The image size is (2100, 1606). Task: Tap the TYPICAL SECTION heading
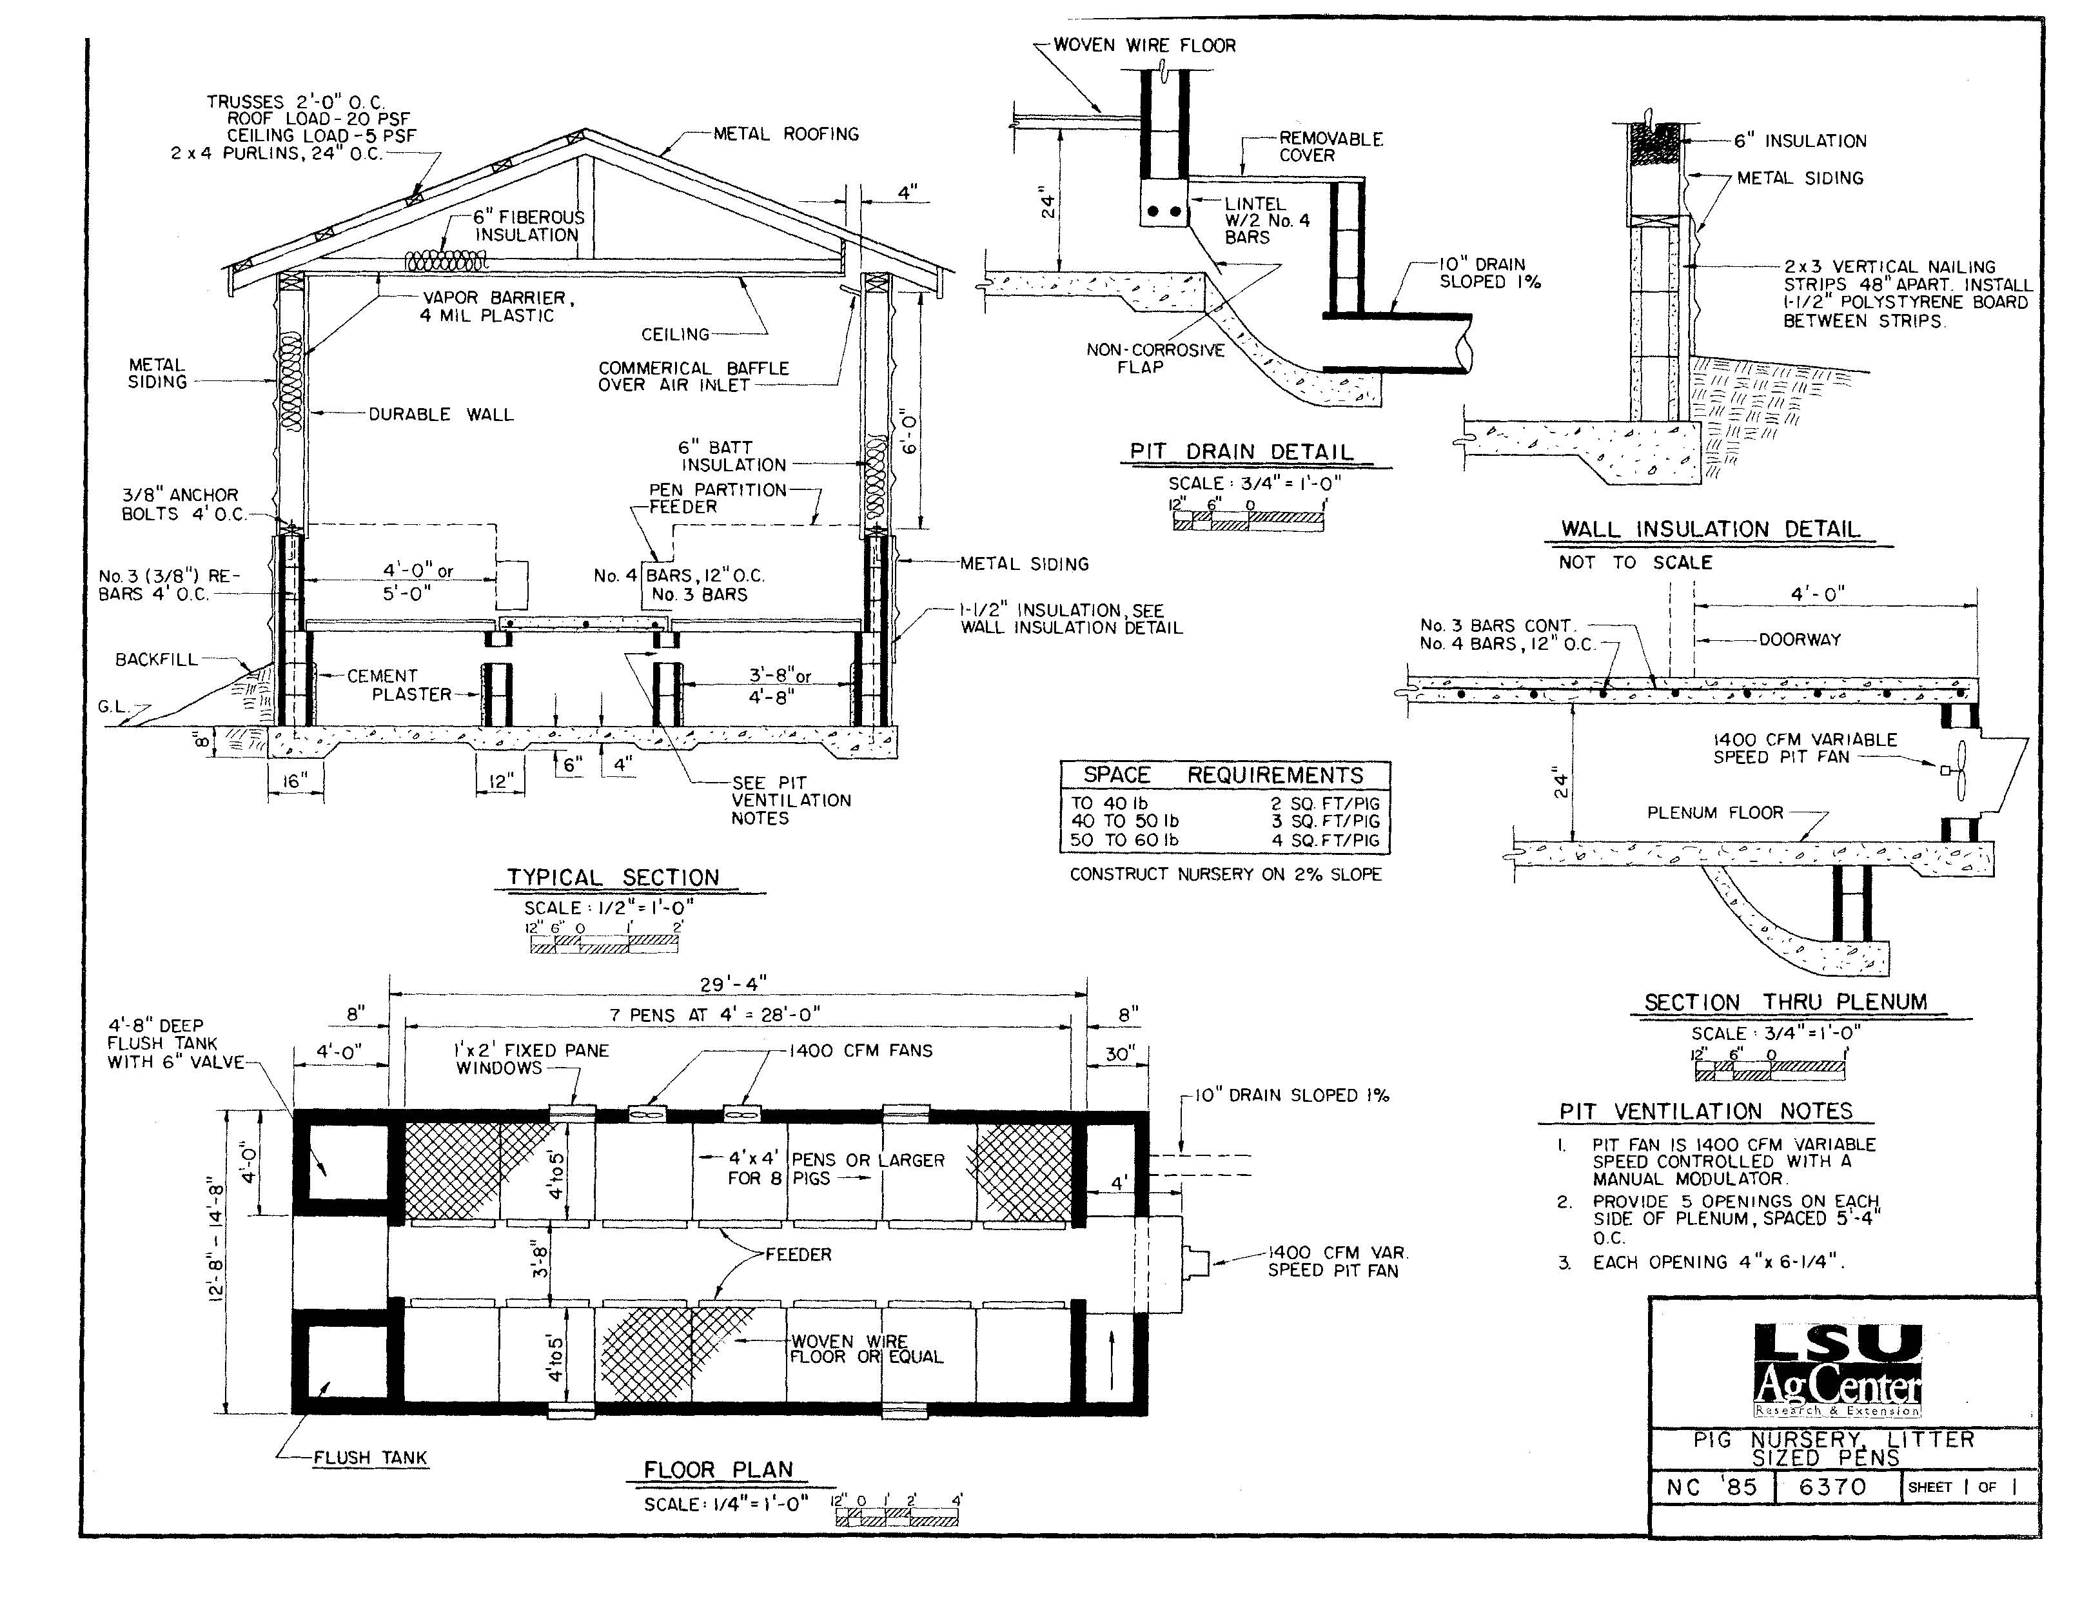(x=613, y=877)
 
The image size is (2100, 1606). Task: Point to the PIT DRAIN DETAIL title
(x=1242, y=452)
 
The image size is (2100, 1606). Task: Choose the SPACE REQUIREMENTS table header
(x=1224, y=776)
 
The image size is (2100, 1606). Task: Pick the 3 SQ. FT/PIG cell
(x=1325, y=821)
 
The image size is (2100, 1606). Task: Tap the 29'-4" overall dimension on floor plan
(x=734, y=984)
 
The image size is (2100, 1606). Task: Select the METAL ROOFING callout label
(x=786, y=134)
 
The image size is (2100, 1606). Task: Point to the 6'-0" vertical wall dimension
(x=909, y=432)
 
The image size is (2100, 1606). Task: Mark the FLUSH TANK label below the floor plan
(x=370, y=1458)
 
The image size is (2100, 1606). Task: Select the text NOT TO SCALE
(x=1636, y=563)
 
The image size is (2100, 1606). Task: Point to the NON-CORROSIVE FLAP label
(x=1155, y=358)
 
